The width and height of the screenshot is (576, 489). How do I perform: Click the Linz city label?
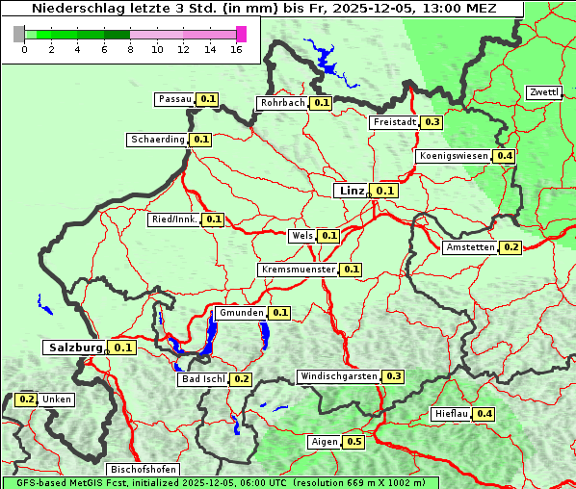[x=351, y=191]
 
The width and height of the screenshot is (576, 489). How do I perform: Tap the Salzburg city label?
[x=74, y=347]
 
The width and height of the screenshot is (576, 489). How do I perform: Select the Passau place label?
[x=175, y=99]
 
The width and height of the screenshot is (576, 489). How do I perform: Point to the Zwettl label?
[x=544, y=92]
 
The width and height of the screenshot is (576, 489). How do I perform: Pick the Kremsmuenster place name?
[x=298, y=270]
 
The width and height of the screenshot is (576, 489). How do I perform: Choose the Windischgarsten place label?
[x=338, y=376]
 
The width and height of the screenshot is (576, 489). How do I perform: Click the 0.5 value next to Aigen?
[x=353, y=442]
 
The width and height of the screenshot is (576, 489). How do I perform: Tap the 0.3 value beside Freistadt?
[x=432, y=122]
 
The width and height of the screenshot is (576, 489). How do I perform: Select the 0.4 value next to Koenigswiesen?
[x=505, y=156]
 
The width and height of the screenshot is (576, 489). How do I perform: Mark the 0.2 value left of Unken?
[x=27, y=399]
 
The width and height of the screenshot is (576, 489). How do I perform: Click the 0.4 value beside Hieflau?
[x=484, y=414]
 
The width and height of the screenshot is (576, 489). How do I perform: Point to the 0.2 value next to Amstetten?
[x=511, y=247]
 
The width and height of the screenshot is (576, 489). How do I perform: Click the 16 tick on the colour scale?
[x=237, y=49]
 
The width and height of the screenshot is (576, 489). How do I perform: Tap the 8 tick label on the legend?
[x=130, y=49]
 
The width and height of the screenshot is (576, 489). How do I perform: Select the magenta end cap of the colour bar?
[x=241, y=34]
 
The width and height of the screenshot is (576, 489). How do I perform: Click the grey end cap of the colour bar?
[x=19, y=34]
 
